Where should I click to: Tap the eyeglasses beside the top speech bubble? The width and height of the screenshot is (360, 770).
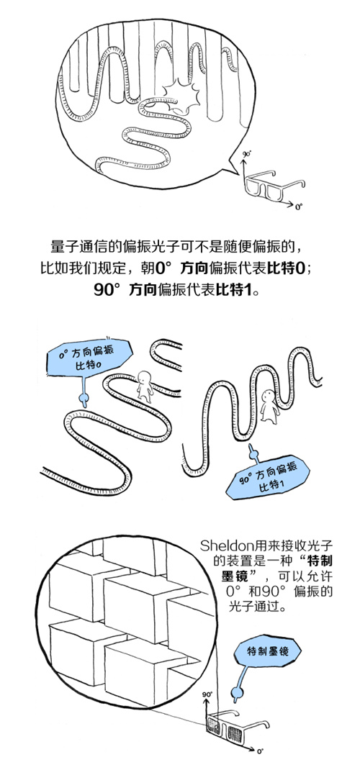pyautogui.click(x=274, y=185)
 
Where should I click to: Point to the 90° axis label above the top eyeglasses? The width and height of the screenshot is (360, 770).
pyautogui.click(x=246, y=153)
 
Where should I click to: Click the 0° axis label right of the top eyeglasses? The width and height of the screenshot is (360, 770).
pyautogui.click(x=299, y=207)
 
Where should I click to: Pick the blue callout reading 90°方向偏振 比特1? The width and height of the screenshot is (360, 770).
pyautogui.click(x=269, y=479)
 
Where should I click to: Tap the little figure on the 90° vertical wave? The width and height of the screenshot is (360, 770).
pyautogui.click(x=269, y=406)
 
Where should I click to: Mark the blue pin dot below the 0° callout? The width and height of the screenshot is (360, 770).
pyautogui.click(x=84, y=397)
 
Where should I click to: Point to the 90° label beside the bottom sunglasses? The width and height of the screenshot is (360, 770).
pyautogui.click(x=207, y=695)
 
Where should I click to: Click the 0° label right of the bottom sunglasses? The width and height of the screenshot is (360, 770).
pyautogui.click(x=259, y=751)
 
